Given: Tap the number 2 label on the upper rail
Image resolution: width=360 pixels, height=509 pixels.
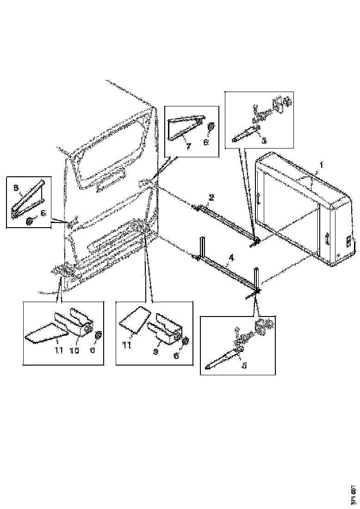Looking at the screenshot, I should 211,197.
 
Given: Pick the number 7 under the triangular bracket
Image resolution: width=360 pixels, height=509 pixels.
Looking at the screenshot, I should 189,147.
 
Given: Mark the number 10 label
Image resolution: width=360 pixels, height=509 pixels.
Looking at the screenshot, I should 74,350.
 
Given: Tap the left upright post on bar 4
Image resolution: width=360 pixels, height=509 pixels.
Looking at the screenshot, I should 202,248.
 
